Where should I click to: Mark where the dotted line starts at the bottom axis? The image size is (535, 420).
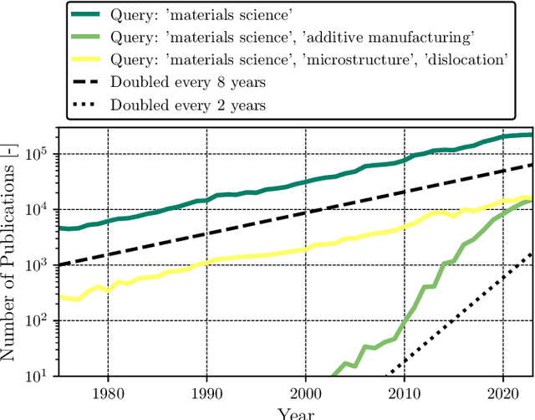click(x=385, y=376)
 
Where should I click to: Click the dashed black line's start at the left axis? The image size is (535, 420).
click(x=58, y=264)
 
